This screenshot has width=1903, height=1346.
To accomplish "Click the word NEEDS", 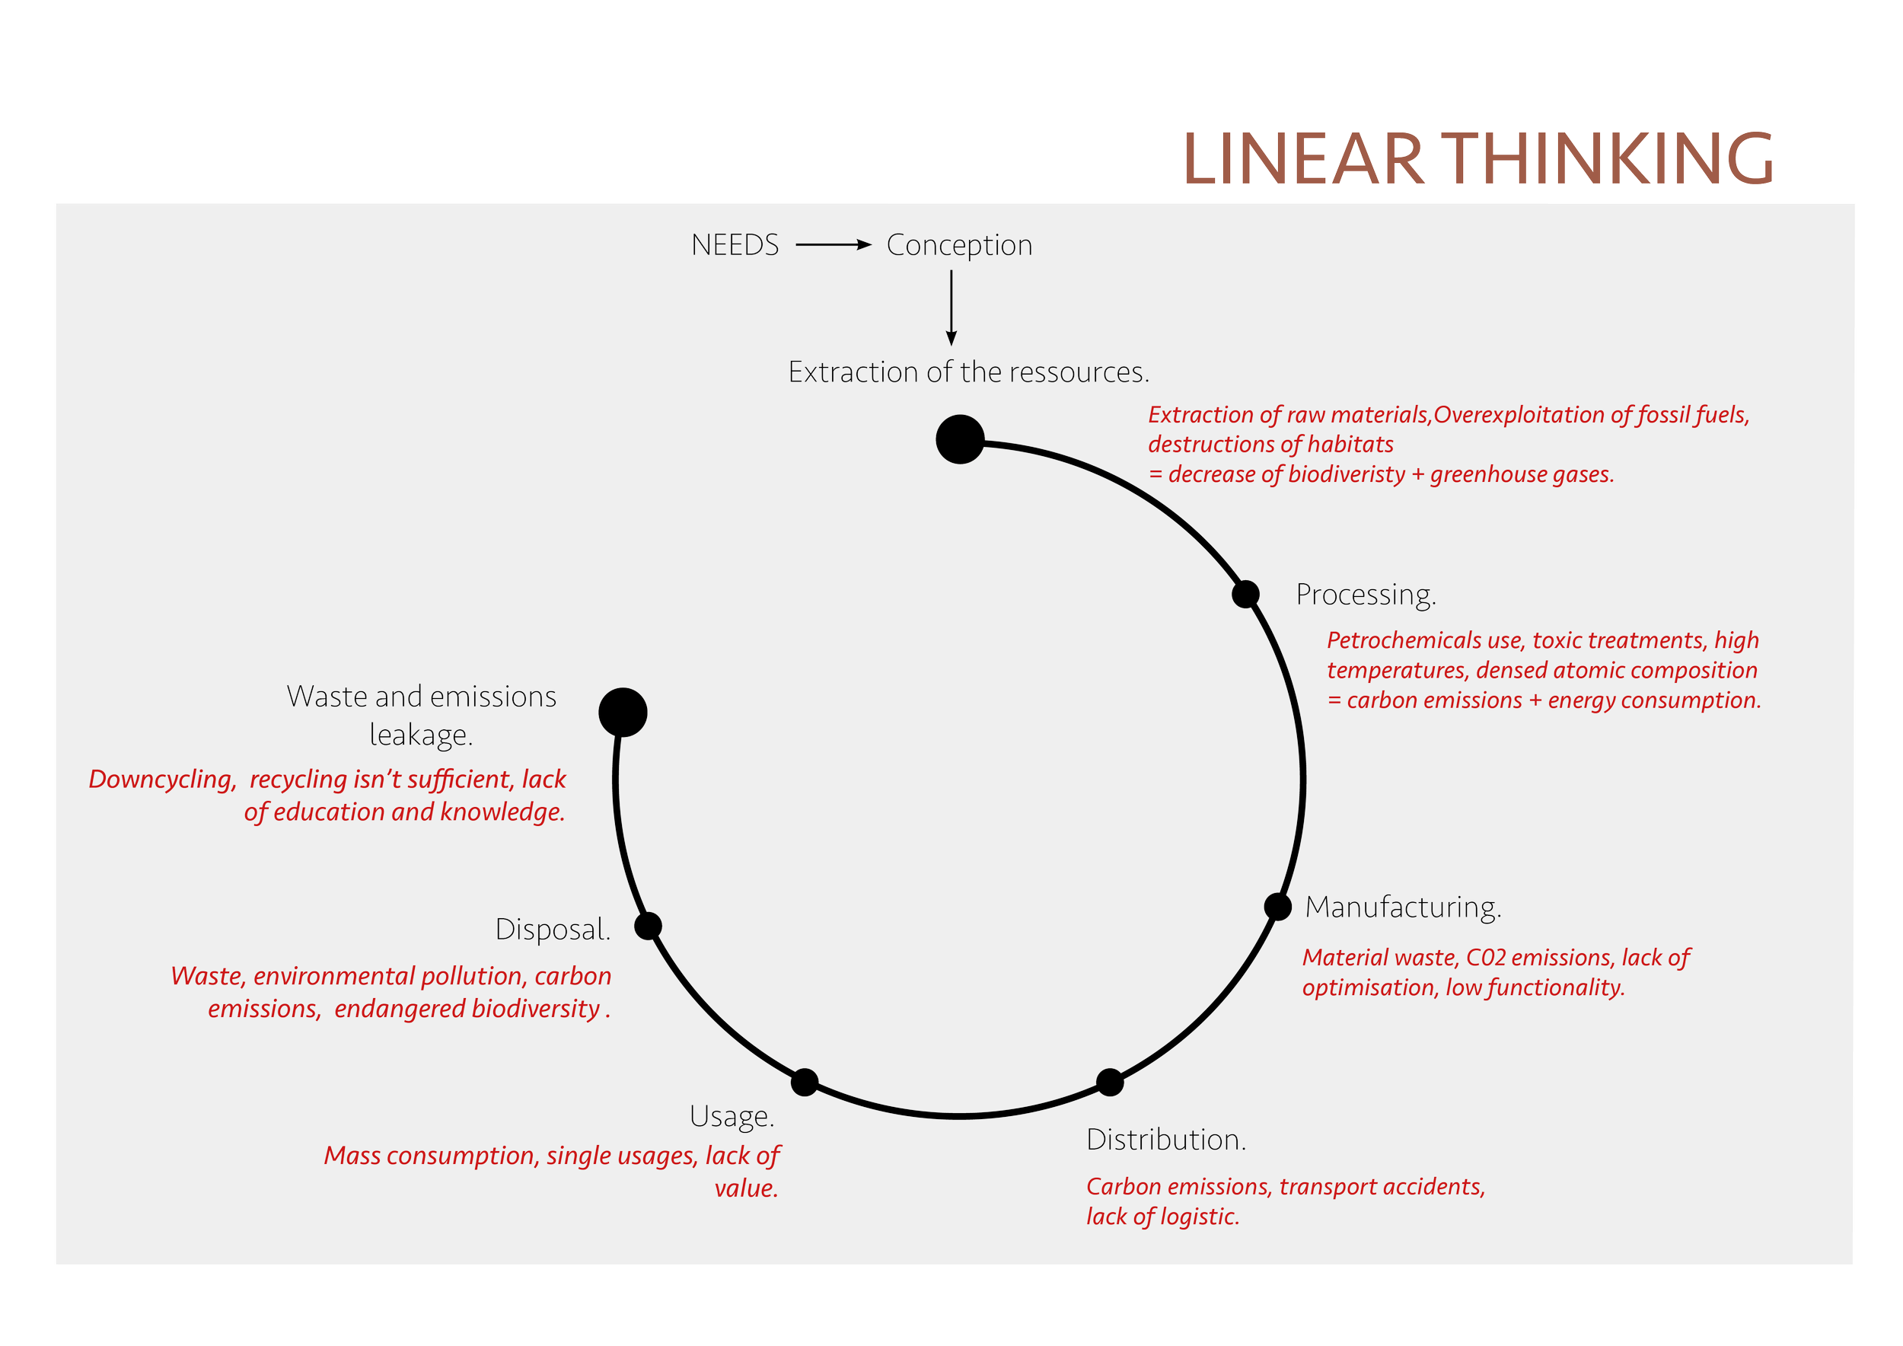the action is pyautogui.click(x=735, y=245).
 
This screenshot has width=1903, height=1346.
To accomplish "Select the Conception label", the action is pyautogui.click(x=960, y=246).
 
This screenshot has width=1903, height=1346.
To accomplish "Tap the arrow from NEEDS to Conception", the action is pyautogui.click(x=834, y=244).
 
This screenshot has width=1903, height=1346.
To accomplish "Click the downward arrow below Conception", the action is pyautogui.click(x=951, y=308).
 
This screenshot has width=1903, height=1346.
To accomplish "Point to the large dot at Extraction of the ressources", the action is pyautogui.click(x=960, y=439).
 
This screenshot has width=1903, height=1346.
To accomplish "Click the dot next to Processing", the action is pyautogui.click(x=1246, y=595).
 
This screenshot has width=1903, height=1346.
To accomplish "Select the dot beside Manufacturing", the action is pyautogui.click(x=1278, y=907).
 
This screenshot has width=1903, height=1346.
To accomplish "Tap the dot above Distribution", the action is pyautogui.click(x=1110, y=1082).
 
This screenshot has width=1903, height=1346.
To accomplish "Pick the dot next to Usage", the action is pyautogui.click(x=805, y=1082).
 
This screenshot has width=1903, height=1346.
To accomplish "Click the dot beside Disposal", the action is pyautogui.click(x=648, y=926).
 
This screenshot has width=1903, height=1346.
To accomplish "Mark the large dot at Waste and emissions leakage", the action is pyautogui.click(x=623, y=712).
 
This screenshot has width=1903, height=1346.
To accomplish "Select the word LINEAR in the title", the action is pyautogui.click(x=1303, y=158).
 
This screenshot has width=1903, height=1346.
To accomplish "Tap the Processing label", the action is pyautogui.click(x=1366, y=596).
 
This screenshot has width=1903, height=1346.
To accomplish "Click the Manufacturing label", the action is pyautogui.click(x=1403, y=908).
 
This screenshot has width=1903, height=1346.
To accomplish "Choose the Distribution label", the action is pyautogui.click(x=1166, y=1140).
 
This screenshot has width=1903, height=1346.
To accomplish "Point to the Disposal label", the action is pyautogui.click(x=553, y=930).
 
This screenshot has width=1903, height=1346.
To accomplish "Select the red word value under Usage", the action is pyautogui.click(x=747, y=1188).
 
